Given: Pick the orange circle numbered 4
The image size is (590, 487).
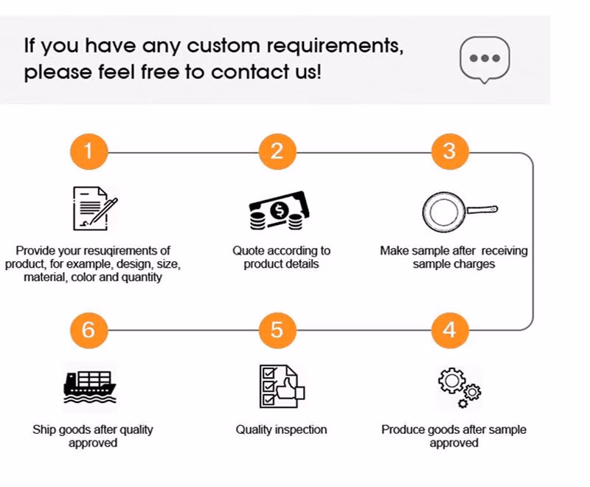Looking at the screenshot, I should click(x=450, y=330).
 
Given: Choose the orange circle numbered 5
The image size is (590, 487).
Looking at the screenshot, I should click(x=277, y=330).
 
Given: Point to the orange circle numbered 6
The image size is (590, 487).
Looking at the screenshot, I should click(x=89, y=330).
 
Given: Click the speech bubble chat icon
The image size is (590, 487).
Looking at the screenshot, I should click(x=485, y=60).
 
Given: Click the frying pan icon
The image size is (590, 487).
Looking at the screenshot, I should click(x=458, y=212).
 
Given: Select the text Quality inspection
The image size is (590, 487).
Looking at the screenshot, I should click(x=281, y=429).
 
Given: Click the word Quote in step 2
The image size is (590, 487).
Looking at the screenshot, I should click(x=249, y=251).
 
